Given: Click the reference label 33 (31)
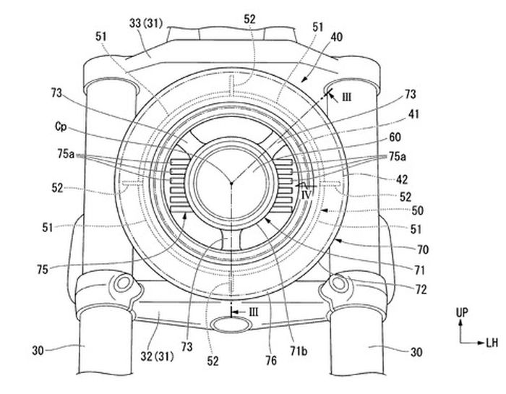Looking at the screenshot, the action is pos(146,23).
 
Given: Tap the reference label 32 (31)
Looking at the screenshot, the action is pos(157,356).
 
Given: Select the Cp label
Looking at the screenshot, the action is pos(61,127).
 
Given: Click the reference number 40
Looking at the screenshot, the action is pos(337,37).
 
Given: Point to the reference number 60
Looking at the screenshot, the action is pos(395,137).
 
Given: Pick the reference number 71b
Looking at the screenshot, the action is pos(299,351).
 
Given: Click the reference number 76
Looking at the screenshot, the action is pos(271,360).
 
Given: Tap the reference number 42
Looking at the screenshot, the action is pos(402,179).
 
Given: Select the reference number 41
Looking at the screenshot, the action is pos(413,114).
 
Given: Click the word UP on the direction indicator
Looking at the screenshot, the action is pos(462,312).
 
